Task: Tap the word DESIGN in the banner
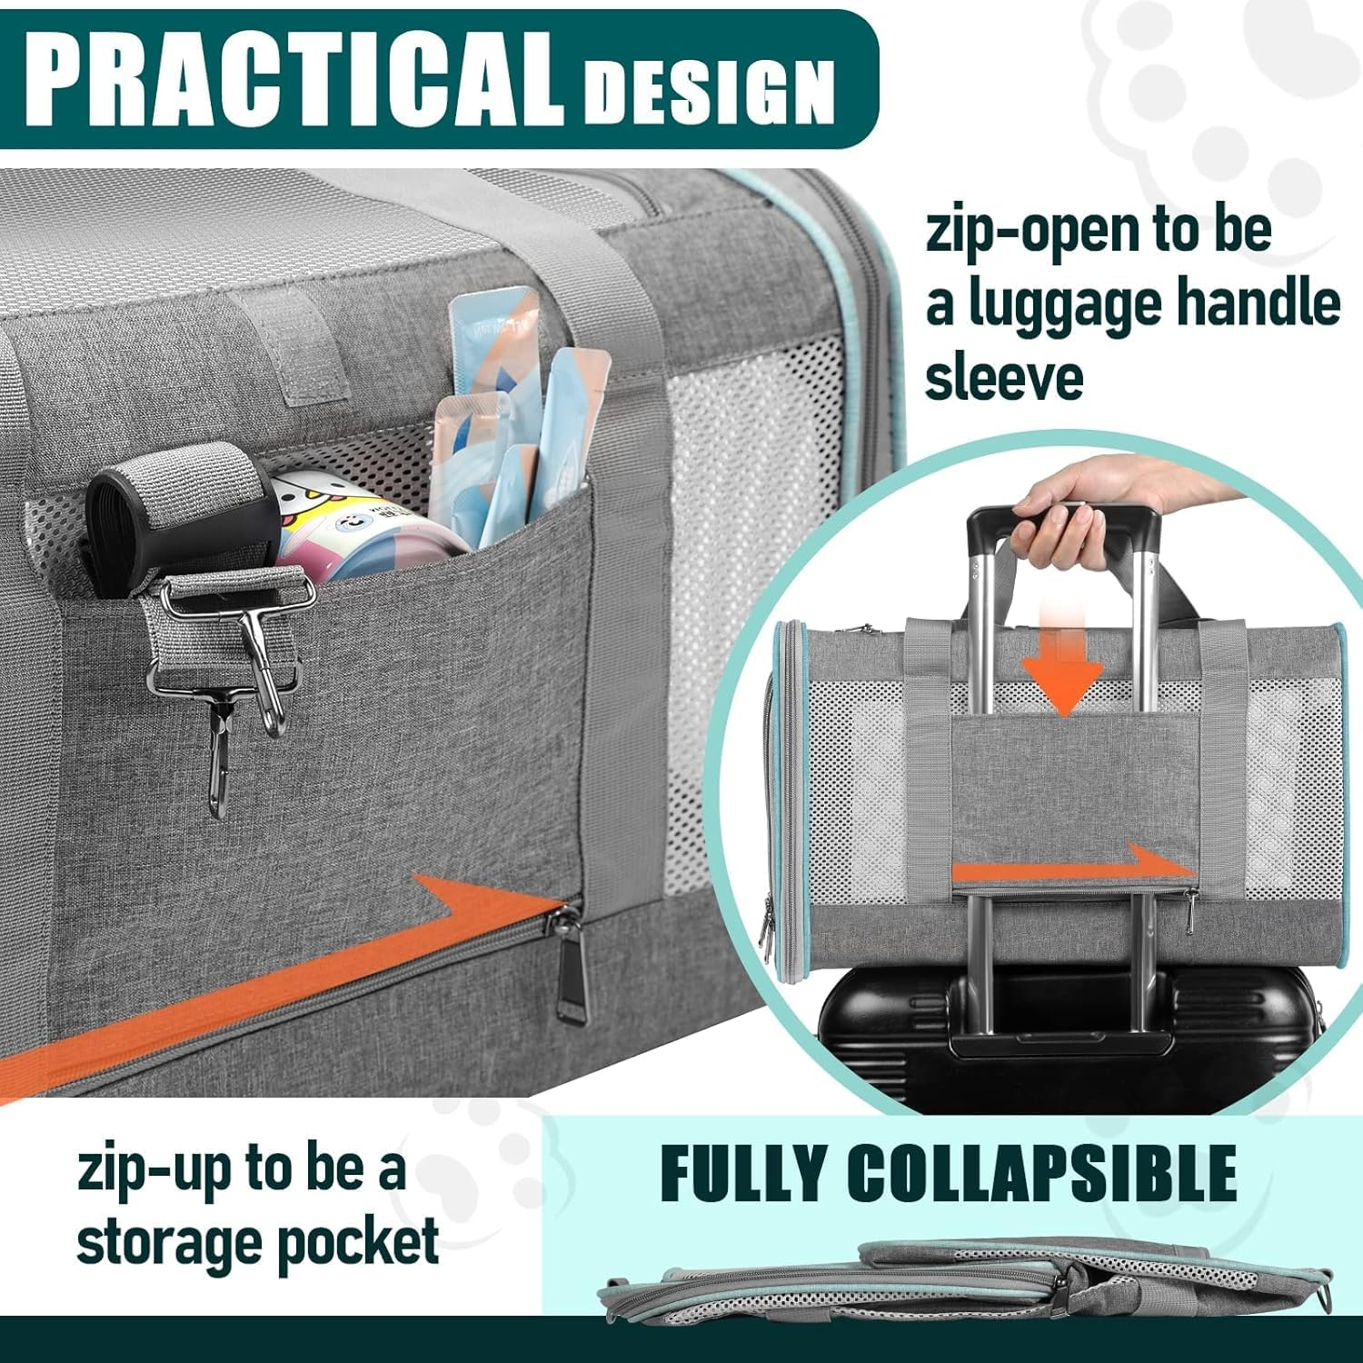tap(709, 91)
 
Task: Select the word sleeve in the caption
tap(1004, 377)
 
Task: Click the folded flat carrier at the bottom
tap(963, 1281)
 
